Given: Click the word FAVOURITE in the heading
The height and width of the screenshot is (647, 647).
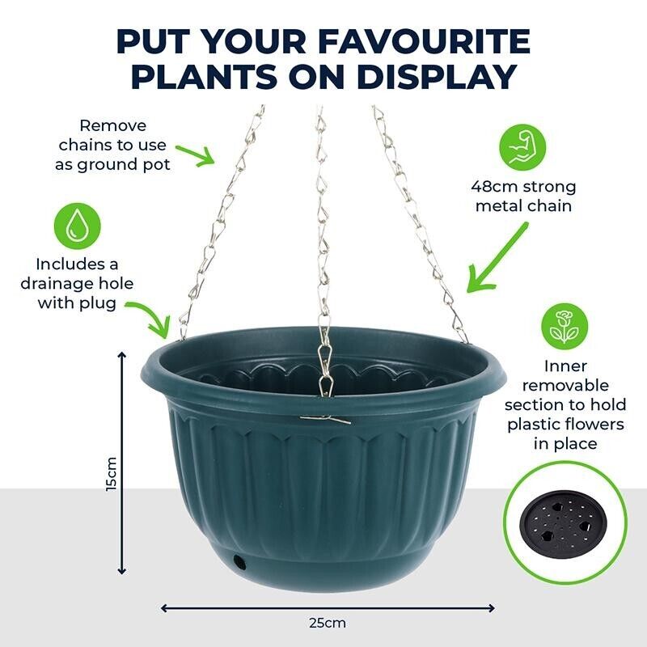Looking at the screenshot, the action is tap(424, 41).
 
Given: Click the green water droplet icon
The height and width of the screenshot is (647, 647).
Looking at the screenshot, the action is tap(77, 226).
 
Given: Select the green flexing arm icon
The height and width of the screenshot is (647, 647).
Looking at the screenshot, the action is tap(522, 148).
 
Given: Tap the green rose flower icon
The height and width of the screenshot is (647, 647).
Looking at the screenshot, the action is tap(565, 327).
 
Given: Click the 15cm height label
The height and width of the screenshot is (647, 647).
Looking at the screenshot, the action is tap(112, 474).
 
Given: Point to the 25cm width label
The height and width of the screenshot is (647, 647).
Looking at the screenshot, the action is tap(328, 623).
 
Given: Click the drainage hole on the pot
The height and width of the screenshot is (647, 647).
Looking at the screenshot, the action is tap(239, 561).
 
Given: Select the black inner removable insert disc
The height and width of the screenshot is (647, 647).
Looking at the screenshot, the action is tap(563, 523).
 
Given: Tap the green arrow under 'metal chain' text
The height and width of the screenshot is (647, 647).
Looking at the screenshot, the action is tap(497, 259).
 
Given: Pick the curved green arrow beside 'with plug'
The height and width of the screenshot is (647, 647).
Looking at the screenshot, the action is tap(151, 319).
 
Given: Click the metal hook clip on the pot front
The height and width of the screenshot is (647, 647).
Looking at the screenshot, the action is tap(326, 419).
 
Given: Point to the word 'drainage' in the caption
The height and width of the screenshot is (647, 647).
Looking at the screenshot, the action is tap(77, 284).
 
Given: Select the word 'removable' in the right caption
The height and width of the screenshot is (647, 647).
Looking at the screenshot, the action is tap(565, 386).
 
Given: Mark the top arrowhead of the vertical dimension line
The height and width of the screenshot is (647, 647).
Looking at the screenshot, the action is tap(122, 356).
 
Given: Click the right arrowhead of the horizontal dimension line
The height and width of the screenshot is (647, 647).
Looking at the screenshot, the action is tap(491, 608).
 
